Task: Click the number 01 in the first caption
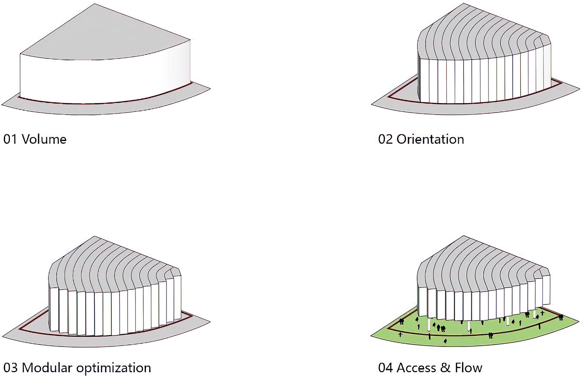(10, 140)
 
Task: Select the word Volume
(44, 140)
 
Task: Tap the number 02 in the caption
(385, 140)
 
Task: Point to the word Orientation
(430, 140)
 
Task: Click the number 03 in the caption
(10, 368)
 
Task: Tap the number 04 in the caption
(385, 368)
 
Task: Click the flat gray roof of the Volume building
(104, 36)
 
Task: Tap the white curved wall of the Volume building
(104, 78)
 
